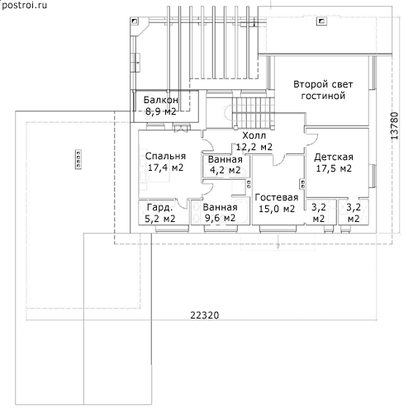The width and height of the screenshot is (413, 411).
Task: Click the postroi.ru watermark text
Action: (24, 5)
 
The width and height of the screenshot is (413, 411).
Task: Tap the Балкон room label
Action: (161, 100)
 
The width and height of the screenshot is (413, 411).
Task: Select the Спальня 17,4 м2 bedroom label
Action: (165, 162)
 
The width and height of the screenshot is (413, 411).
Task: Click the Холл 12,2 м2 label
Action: (254, 141)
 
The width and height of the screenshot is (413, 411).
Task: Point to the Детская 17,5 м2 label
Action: (334, 163)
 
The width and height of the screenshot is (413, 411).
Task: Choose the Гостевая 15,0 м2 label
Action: (277, 203)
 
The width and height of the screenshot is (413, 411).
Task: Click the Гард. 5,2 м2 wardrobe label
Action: (160, 213)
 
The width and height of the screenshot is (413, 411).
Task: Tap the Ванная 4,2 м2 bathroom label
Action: (225, 164)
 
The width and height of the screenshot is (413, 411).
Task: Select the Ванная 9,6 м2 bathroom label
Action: (220, 213)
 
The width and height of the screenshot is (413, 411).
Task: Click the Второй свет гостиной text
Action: (323, 90)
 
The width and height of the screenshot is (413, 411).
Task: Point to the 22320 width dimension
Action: (205, 315)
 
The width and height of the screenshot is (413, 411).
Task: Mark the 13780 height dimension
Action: (395, 125)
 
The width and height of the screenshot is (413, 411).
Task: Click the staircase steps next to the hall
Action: (254, 112)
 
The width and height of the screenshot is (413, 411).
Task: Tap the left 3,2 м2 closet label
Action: (319, 213)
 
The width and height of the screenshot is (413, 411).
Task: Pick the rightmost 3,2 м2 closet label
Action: (354, 213)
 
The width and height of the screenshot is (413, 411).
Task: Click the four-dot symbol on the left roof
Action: (78, 159)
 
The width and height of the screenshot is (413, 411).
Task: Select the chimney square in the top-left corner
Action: (135, 21)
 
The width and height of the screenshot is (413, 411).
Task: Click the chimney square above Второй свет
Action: (321, 21)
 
